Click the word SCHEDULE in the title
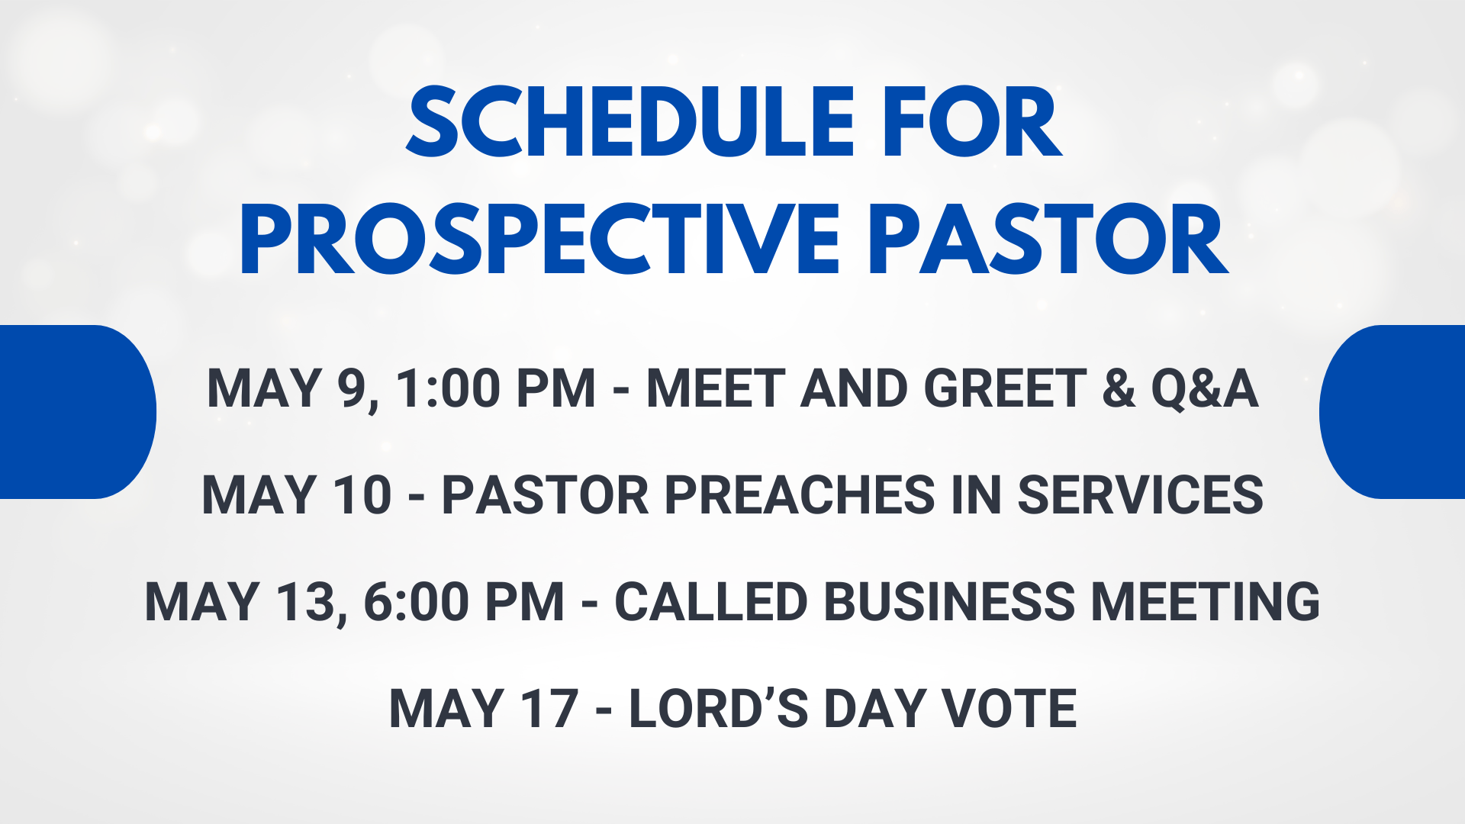pyautogui.click(x=630, y=122)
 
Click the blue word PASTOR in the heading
pyautogui.click(x=1048, y=239)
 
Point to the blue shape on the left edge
pyautogui.click(x=76, y=412)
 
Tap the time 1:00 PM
pyautogui.click(x=495, y=388)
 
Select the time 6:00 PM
pyautogui.click(x=464, y=601)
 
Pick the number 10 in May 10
pyautogui.click(x=362, y=494)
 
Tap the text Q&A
pyautogui.click(x=1204, y=388)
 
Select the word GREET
pyautogui.click(x=1005, y=388)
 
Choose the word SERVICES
pyautogui.click(x=1141, y=494)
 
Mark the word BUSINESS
pyautogui.click(x=949, y=601)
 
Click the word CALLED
pyautogui.click(x=710, y=601)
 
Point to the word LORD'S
pyautogui.click(x=718, y=708)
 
